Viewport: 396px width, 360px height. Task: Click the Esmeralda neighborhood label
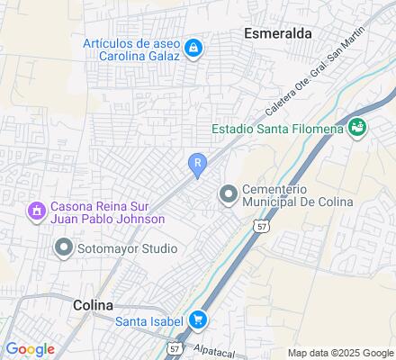click(278, 32)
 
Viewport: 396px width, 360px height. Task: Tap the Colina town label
click(92, 305)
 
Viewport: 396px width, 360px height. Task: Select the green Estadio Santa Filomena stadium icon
click(358, 128)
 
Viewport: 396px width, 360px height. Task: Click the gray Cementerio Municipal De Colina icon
click(228, 193)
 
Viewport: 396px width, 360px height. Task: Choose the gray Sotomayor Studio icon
click(63, 247)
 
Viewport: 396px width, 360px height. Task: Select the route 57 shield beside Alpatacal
click(175, 346)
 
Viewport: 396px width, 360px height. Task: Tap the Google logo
click(30, 349)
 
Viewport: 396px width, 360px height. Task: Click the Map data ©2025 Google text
click(340, 353)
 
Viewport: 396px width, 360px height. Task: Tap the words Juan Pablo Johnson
click(108, 220)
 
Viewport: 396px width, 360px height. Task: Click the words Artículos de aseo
click(132, 41)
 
